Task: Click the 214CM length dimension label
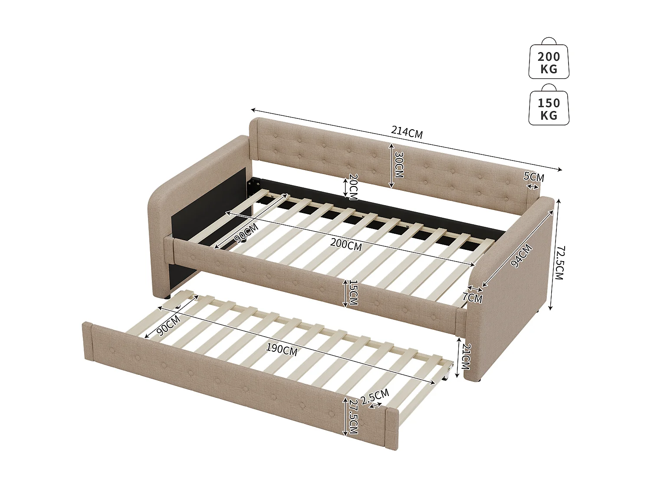[x=407, y=132]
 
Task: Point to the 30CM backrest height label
[x=398, y=164]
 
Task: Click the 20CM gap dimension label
[x=353, y=187]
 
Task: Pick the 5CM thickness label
[x=533, y=177]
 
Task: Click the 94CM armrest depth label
[x=521, y=255]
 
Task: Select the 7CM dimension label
[x=472, y=298]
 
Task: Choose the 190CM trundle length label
[x=282, y=349]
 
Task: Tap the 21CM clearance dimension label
[x=465, y=356]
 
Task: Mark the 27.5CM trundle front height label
[x=352, y=416]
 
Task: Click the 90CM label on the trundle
[x=168, y=325]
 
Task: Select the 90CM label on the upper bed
[x=246, y=233]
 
